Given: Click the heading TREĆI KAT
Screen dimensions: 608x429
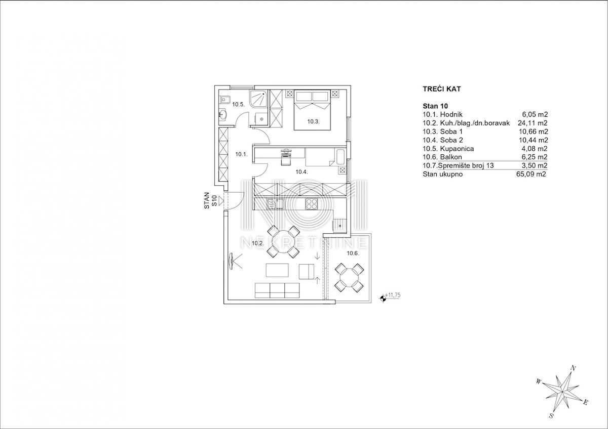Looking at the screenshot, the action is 442,89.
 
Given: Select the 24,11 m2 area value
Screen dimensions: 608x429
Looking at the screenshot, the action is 533,123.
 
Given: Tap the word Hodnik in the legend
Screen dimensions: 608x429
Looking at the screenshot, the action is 451,114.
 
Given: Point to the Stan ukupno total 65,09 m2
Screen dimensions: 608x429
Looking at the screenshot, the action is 531,174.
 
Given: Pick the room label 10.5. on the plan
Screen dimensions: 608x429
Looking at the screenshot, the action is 238,104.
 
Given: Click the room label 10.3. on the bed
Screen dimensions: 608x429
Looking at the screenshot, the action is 313,121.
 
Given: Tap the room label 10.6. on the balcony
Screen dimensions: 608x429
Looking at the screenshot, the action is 353,253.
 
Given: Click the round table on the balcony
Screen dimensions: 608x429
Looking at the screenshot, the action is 349,278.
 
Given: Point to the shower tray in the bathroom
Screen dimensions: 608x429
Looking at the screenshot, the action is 259,99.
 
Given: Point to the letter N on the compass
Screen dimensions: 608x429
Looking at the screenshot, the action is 573,369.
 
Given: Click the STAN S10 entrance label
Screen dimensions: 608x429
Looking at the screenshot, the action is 210,200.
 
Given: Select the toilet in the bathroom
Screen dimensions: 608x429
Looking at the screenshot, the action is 225,100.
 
